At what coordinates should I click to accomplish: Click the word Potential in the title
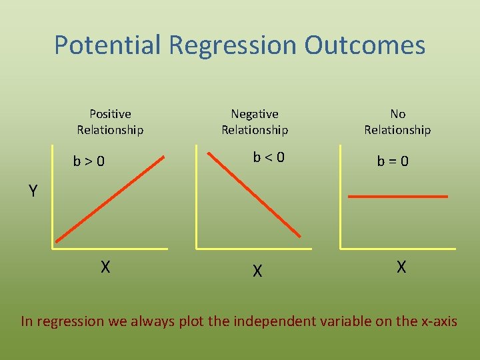point(108,45)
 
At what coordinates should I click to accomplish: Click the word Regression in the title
point(233,45)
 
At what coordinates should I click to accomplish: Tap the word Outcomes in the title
point(365,45)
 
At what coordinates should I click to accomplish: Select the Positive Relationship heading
point(110,122)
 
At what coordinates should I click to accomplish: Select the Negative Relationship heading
point(255,122)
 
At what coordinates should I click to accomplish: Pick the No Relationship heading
point(397,122)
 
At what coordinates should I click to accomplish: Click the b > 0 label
point(89,161)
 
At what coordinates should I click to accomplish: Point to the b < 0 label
point(268,158)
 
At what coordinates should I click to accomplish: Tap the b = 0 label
point(393,161)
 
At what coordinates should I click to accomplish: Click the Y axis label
point(33,192)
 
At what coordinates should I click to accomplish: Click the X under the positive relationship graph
point(105,267)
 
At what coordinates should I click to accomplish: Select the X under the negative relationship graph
point(257,271)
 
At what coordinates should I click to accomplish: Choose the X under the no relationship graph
point(401,267)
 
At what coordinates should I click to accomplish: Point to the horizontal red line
point(398,197)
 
